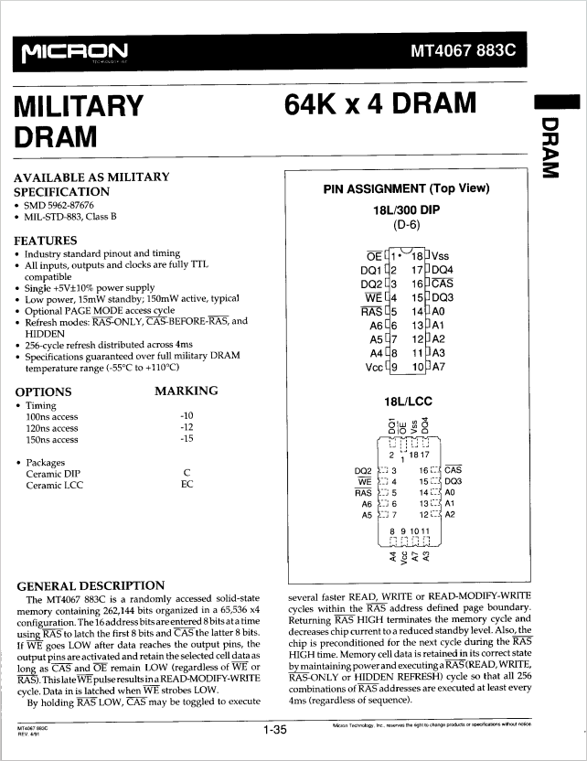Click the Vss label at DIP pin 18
click(x=441, y=256)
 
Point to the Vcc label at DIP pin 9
click(x=372, y=367)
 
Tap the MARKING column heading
click(x=187, y=391)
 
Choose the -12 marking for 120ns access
click(x=187, y=427)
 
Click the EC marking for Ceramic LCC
click(x=187, y=484)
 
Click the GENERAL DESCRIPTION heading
click(x=91, y=585)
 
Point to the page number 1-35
click(x=274, y=730)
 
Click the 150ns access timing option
click(x=52, y=439)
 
